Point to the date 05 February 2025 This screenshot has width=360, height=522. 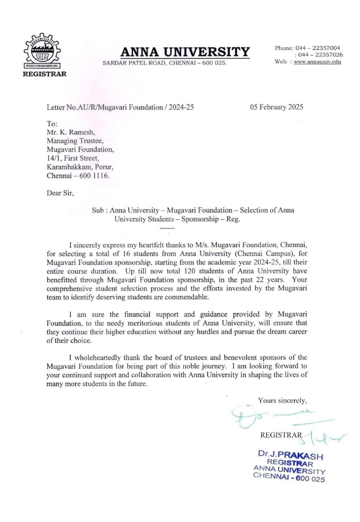point(276,107)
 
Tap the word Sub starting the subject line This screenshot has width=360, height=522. point(98,210)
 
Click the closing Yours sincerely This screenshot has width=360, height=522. point(282,400)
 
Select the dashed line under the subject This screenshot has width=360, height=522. point(167,228)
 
